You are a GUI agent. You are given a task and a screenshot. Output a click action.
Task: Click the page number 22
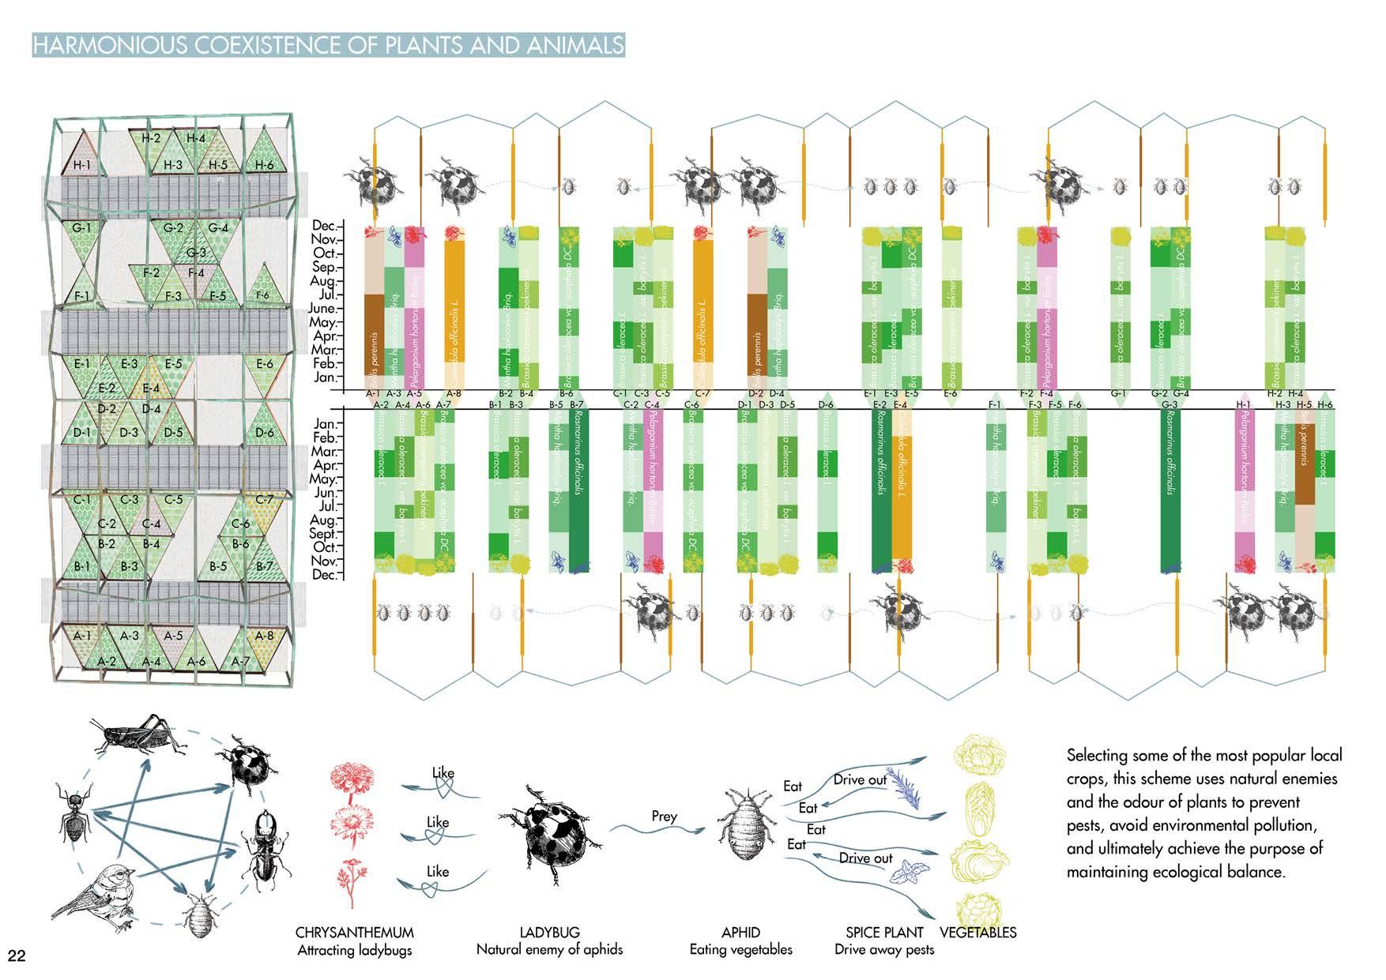coord(17,956)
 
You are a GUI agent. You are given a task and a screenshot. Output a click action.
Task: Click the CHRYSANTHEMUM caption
coord(354,933)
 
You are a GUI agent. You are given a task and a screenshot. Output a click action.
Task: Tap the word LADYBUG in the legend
coord(549,933)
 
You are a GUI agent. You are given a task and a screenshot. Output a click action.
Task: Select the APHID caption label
coord(740,933)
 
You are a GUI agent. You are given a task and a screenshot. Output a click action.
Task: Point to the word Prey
coord(664,816)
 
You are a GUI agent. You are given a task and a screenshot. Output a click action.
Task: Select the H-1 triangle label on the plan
coord(82,165)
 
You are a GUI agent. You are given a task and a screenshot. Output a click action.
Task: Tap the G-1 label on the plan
coord(82,228)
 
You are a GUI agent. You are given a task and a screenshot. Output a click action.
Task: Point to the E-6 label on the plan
coord(265,363)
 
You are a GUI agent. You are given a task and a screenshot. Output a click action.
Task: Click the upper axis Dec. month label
coord(325,226)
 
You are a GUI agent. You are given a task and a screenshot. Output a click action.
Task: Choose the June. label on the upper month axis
coord(322,309)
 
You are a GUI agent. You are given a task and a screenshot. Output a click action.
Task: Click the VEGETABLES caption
coord(977,933)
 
